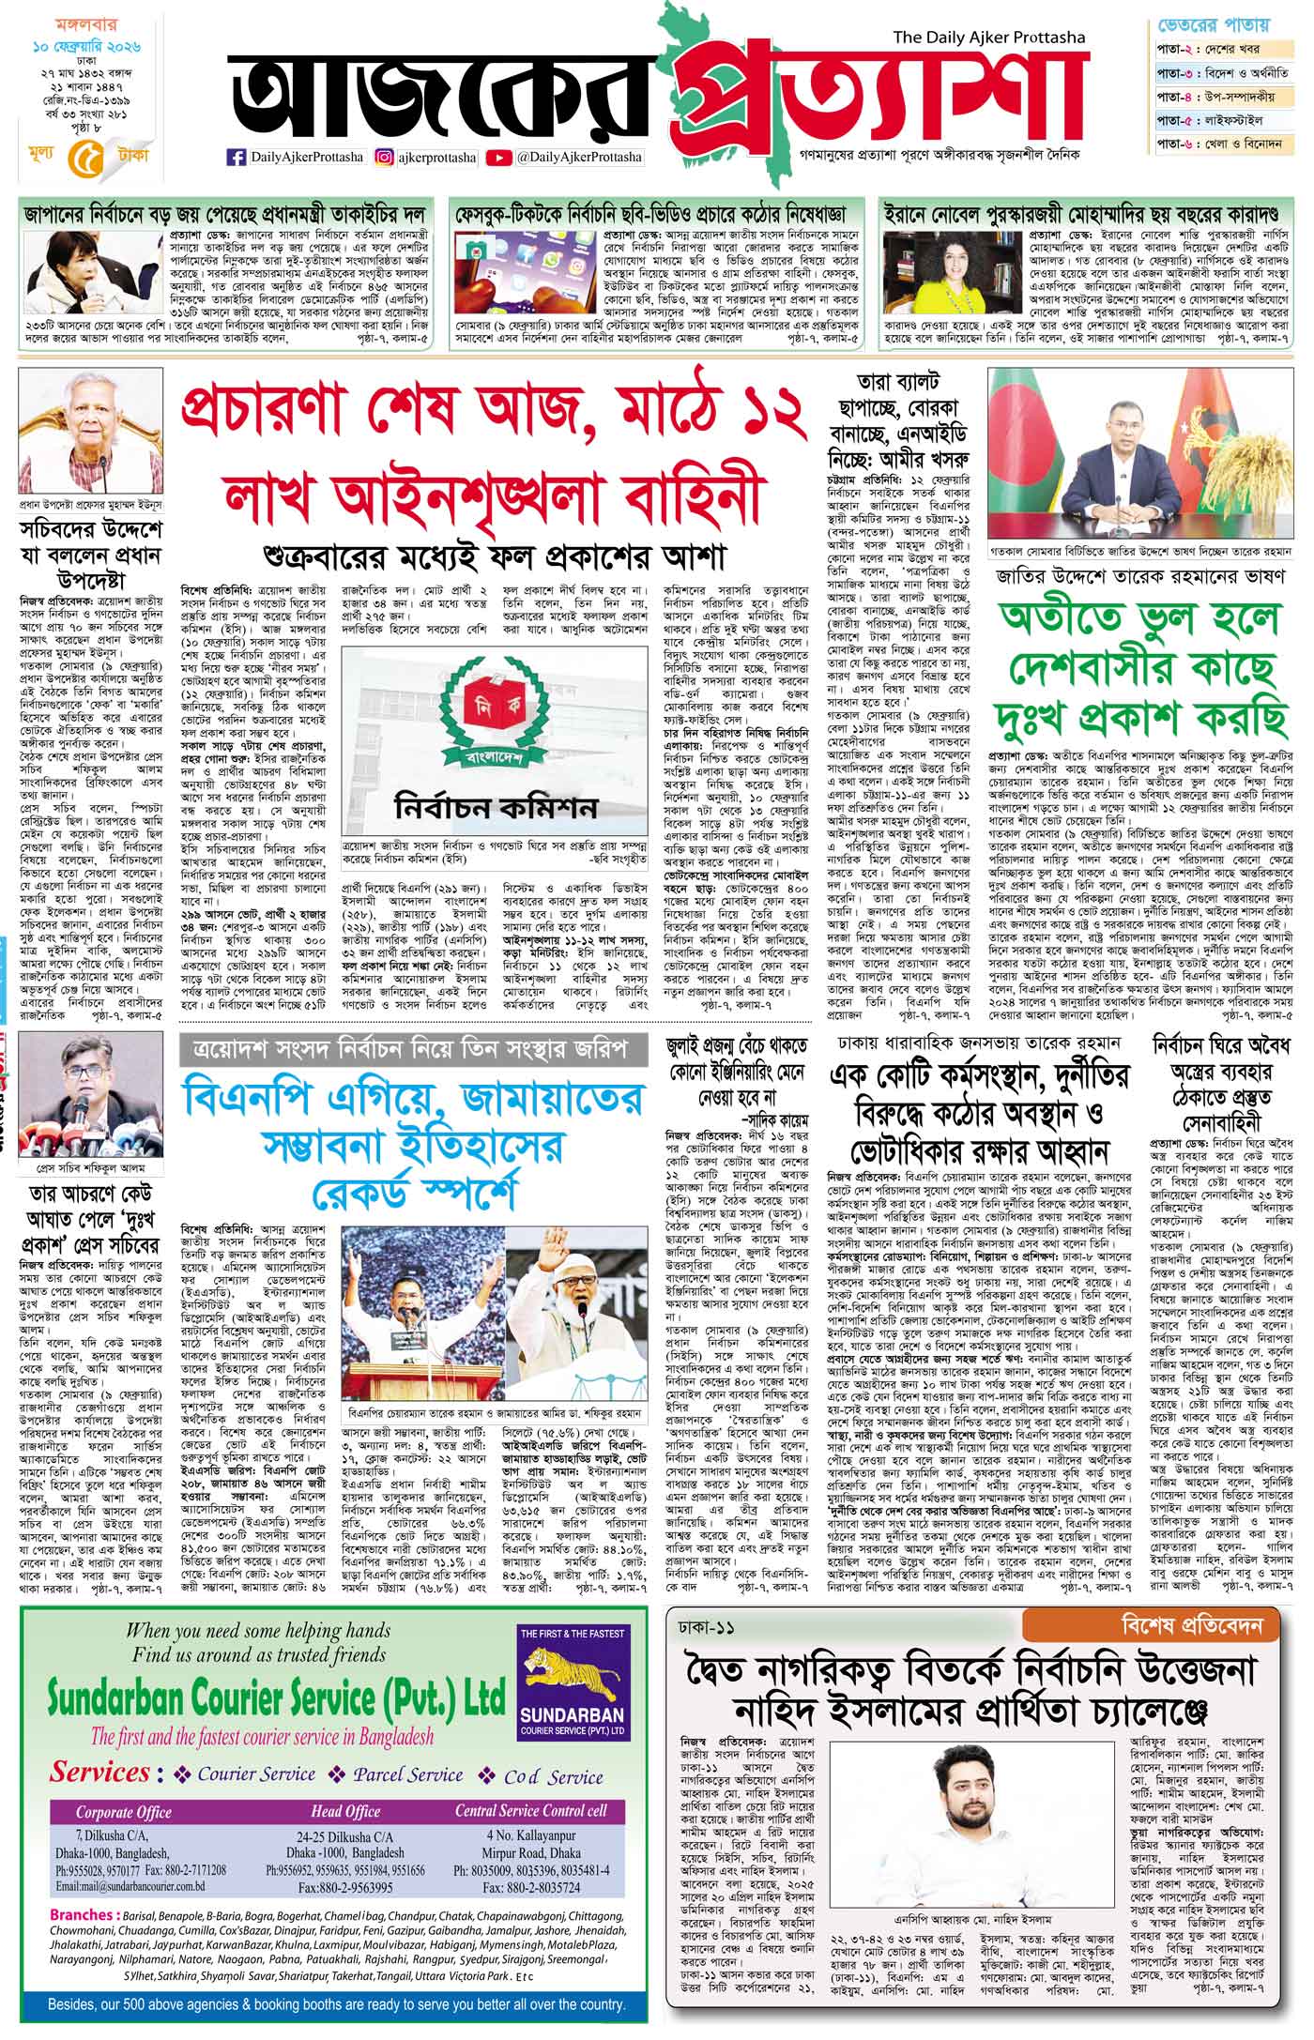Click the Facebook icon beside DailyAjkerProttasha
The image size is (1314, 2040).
point(236,158)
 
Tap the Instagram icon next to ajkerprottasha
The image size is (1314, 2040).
point(384,158)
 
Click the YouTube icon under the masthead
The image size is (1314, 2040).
point(499,158)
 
